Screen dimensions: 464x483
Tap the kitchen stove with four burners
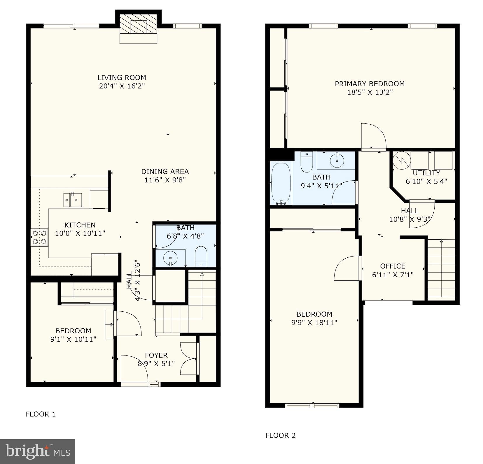[40, 237]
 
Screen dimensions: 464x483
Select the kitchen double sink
[73, 200]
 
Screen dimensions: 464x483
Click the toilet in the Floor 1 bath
[201, 256]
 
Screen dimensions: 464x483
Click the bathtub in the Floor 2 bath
[281, 184]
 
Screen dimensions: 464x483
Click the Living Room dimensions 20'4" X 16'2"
[122, 86]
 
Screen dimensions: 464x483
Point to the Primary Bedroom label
[370, 84]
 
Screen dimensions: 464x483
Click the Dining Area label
[165, 171]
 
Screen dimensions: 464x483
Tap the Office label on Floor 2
[393, 266]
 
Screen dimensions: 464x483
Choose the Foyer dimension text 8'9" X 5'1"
[156, 363]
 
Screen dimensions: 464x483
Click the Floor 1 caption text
[41, 414]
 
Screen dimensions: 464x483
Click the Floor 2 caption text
[280, 435]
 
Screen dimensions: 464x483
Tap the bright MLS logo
[38, 451]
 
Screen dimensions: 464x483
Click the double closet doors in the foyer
[189, 359]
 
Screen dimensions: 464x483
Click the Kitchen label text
[80, 225]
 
